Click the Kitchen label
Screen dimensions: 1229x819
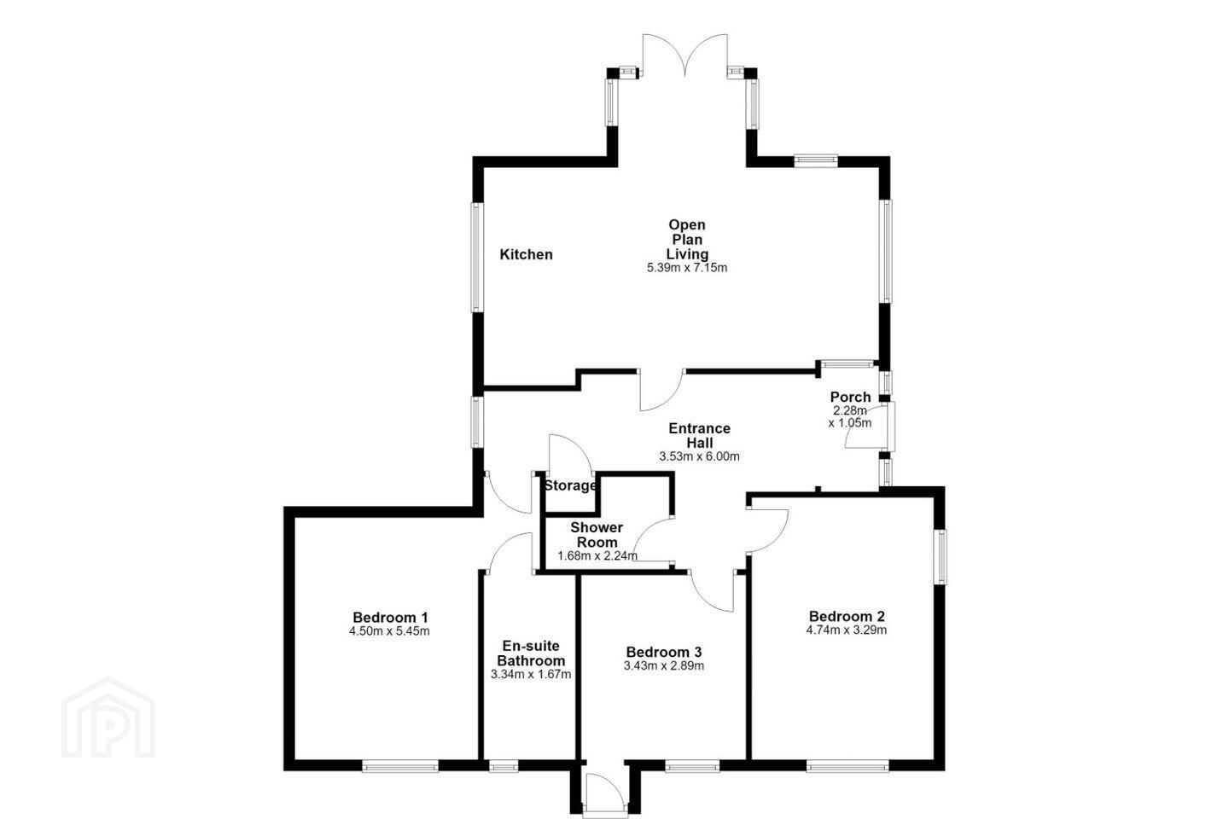coord(526,254)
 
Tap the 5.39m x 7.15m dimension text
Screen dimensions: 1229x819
coord(687,268)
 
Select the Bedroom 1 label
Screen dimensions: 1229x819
coord(390,617)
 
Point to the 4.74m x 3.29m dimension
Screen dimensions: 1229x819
coord(847,630)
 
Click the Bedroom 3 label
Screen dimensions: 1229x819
coord(664,653)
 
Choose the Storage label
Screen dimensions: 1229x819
coord(570,485)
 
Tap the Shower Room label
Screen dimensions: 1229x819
coord(597,535)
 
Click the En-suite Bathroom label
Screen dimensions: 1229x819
coord(531,653)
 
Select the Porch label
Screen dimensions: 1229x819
coord(850,397)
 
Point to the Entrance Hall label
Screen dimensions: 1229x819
coord(700,436)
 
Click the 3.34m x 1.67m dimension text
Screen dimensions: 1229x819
coord(531,674)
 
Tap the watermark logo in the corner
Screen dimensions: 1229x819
coord(108,717)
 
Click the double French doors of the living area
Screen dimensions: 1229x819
coord(685,55)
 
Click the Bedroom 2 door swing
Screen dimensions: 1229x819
coord(768,531)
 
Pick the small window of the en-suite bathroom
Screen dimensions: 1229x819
coord(504,765)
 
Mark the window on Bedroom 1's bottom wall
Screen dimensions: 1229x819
coord(400,765)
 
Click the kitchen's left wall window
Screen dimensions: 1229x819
coord(477,258)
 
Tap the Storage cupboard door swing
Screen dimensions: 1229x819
coord(571,453)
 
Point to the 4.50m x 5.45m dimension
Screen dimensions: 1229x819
coord(389,630)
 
